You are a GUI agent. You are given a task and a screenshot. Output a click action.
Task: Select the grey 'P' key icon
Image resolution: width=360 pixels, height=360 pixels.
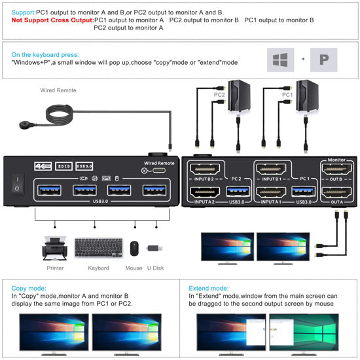point(323,59)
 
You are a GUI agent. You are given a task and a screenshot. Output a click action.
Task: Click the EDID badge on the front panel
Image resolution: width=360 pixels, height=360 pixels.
point(62,166)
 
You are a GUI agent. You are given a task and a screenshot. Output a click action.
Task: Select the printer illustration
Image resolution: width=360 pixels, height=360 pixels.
point(56,247)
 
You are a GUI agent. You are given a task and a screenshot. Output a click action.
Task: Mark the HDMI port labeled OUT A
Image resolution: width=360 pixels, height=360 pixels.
point(336,192)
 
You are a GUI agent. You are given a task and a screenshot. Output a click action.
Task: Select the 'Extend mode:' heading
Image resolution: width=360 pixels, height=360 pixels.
point(208,287)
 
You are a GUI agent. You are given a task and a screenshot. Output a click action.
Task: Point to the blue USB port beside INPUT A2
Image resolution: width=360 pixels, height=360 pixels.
point(236,192)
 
